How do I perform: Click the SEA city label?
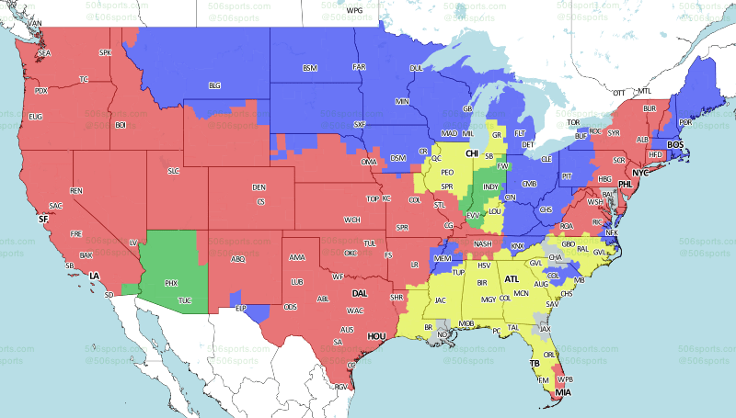(x=44, y=54)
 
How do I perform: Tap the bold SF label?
(x=42, y=220)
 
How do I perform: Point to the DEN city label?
(x=259, y=187)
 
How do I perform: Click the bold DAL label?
(x=361, y=294)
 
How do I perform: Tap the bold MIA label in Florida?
(x=563, y=393)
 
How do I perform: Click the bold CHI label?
(x=472, y=153)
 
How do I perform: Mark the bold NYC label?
(x=639, y=173)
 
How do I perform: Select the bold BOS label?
(x=674, y=145)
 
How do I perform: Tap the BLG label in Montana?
(x=214, y=85)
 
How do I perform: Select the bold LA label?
(x=93, y=276)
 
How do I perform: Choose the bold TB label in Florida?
(x=534, y=364)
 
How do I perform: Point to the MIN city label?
(x=401, y=101)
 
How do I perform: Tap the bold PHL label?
(x=626, y=184)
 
